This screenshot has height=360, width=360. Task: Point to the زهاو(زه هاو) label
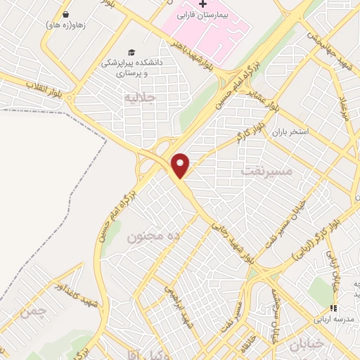65,25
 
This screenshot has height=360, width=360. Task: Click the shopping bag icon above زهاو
65,13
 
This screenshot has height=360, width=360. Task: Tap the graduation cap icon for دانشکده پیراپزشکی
131,52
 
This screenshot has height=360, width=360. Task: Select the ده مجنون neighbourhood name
153,237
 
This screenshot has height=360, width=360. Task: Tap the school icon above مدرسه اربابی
334,308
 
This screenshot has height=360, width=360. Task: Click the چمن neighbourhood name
34,311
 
